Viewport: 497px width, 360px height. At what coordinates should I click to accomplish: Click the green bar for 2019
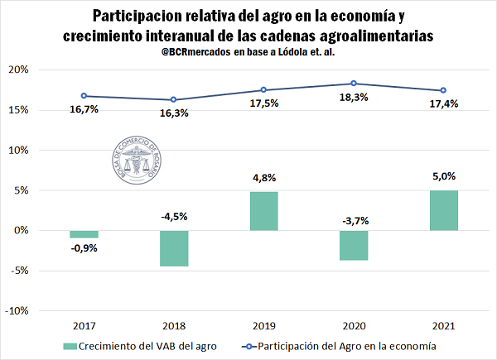pyautogui.click(x=263, y=211)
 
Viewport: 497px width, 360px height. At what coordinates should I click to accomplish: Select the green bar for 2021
pyautogui.click(x=443, y=210)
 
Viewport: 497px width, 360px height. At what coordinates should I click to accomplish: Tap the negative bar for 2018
pyautogui.click(x=174, y=248)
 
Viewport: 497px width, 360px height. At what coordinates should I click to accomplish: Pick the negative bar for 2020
pyautogui.click(x=354, y=245)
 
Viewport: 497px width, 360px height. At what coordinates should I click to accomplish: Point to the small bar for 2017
pyautogui.click(x=84, y=234)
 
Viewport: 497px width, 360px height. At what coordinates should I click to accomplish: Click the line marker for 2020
pyautogui.click(x=354, y=84)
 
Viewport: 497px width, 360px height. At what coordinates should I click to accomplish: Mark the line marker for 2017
pyautogui.click(x=84, y=96)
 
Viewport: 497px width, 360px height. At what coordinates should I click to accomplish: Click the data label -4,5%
pyautogui.click(x=173, y=217)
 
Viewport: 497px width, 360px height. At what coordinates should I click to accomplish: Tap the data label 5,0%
pyautogui.click(x=444, y=176)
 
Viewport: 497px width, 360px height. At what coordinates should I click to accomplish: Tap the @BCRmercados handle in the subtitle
pyautogui.click(x=200, y=53)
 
